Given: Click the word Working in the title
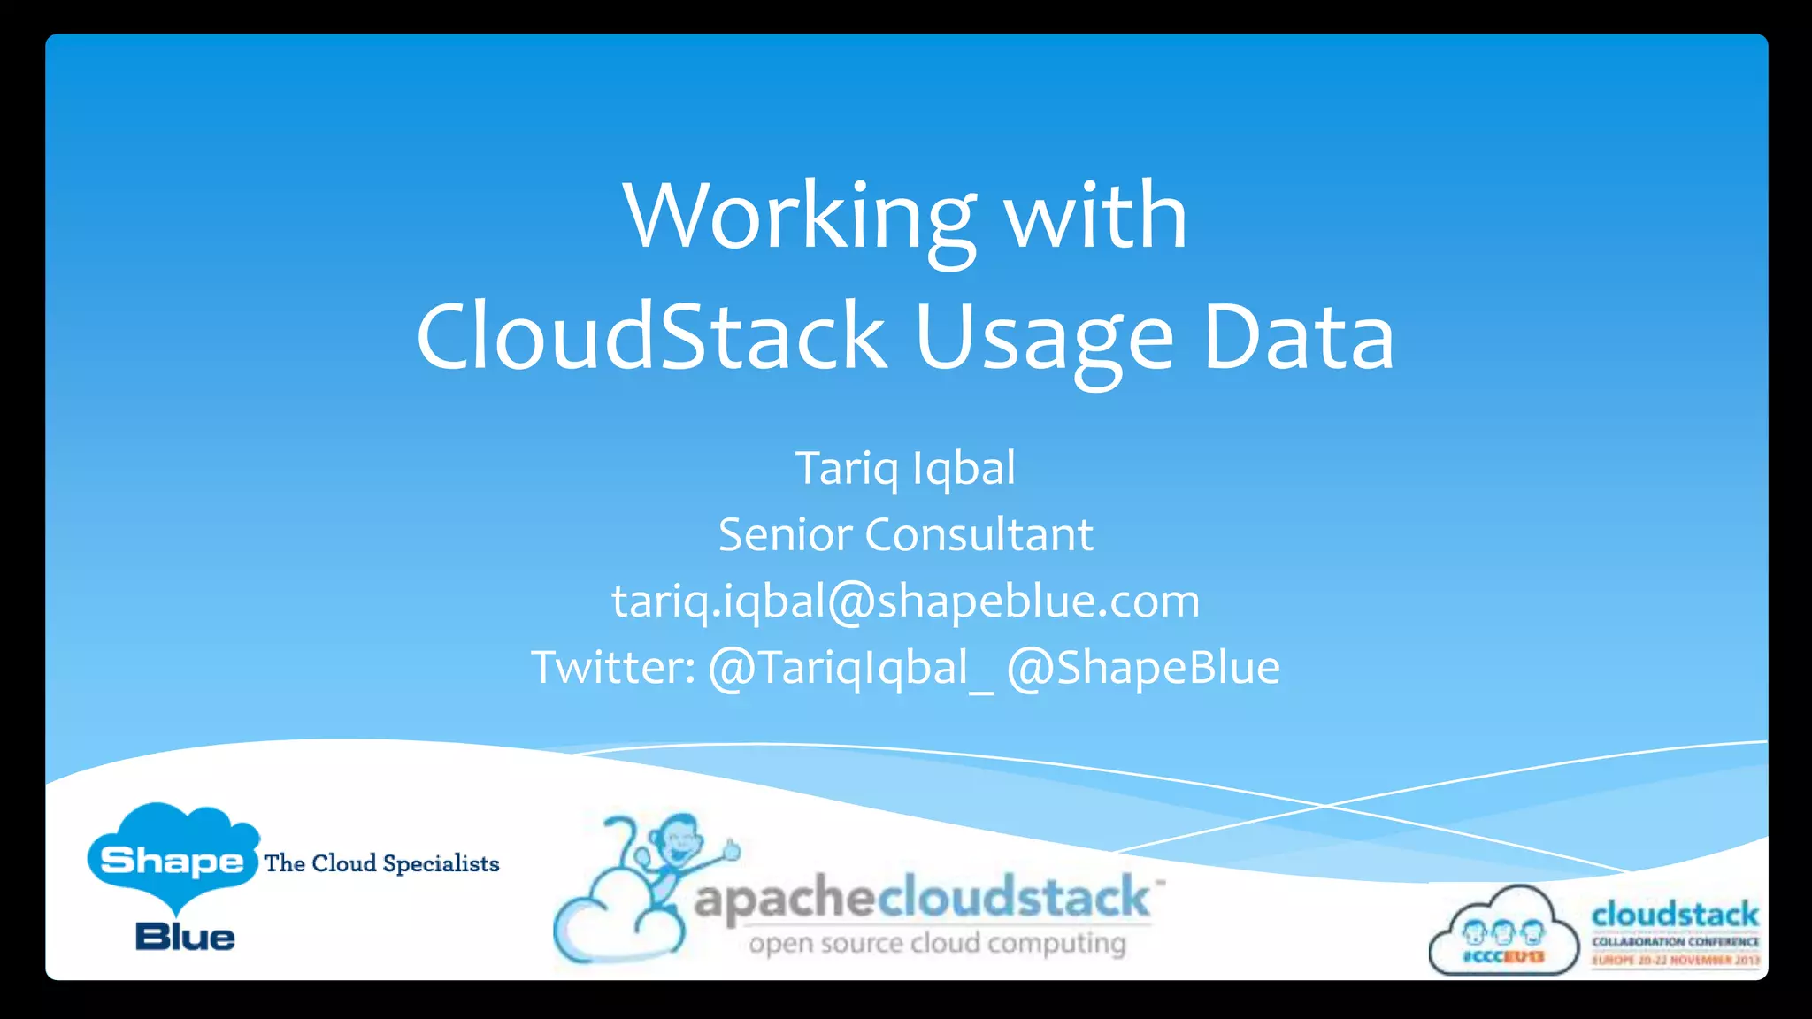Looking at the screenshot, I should [x=799, y=217].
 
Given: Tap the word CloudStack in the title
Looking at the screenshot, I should [x=651, y=337].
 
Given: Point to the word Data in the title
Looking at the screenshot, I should [x=1298, y=337].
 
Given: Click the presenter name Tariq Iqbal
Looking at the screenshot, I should [x=905, y=468].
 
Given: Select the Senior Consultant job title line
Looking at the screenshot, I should [x=905, y=534].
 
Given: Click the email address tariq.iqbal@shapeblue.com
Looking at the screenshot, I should [x=905, y=601].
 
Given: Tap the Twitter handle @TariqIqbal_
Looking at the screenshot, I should [x=850, y=668].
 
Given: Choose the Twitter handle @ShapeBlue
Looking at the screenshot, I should [x=1143, y=668].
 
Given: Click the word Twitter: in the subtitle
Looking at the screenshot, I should [x=612, y=667].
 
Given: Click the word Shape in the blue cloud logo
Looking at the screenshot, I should [x=172, y=860].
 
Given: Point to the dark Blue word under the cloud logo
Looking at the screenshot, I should [x=185, y=937].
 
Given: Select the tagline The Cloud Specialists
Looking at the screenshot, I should [x=381, y=863].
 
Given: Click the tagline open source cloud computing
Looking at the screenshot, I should [x=937, y=944].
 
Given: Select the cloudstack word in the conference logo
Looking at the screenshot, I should [x=1675, y=915].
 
